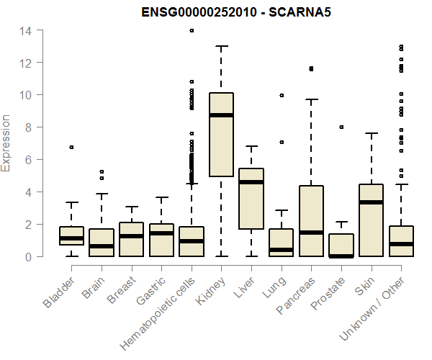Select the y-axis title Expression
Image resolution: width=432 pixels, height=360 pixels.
click(6, 143)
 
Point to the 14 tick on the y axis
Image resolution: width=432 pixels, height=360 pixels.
click(25, 30)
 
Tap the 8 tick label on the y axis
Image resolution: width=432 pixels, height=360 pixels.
click(25, 127)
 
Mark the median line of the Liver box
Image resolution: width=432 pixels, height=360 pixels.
click(251, 182)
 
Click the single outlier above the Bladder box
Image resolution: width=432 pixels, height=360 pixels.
click(72, 147)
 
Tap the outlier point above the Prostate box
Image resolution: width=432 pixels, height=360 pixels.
click(341, 127)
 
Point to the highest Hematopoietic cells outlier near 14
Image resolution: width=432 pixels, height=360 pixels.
click(192, 30)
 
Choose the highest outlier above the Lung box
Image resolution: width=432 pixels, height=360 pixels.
click(282, 95)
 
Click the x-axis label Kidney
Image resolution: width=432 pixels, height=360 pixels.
click(211, 284)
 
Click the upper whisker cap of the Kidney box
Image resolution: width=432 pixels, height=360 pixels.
click(221, 46)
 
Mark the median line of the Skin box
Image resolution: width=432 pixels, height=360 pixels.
click(371, 202)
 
